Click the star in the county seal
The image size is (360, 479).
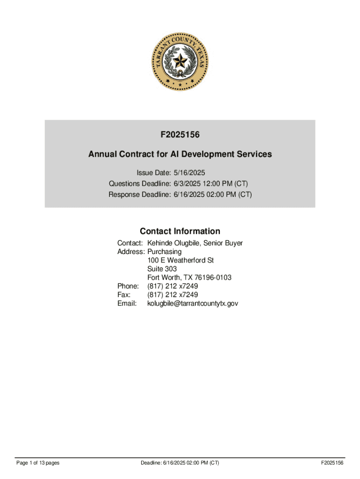(x=180, y=60)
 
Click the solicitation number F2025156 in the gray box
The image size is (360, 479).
(x=180, y=135)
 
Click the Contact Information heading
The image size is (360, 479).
(x=180, y=231)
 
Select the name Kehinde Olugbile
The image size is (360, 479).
(x=175, y=243)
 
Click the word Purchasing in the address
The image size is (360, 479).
(x=164, y=252)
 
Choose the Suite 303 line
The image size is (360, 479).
(x=162, y=269)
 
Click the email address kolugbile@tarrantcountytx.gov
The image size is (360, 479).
(x=193, y=304)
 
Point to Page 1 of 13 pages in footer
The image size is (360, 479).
(x=38, y=463)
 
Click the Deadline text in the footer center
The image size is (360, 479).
(x=180, y=463)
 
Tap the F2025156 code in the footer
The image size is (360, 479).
(x=332, y=463)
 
